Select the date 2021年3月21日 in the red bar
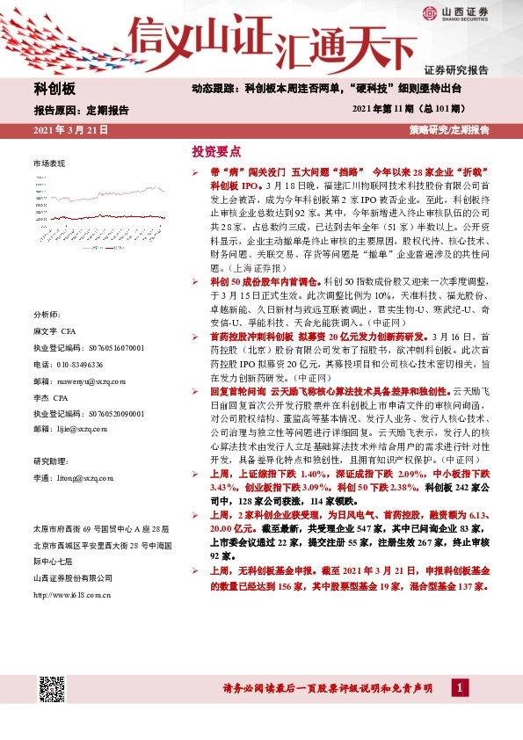tap(70, 130)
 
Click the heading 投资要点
tap(215, 151)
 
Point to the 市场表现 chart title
tap(49, 164)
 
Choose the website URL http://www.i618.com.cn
tap(71, 595)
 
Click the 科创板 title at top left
tap(54, 91)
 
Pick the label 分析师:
tap(47, 314)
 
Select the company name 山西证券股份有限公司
tap(73, 577)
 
